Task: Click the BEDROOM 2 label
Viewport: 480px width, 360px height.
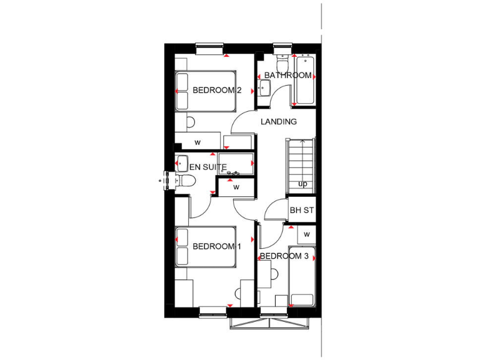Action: pos(216,90)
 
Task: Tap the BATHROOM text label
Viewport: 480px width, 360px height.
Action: pos(287,76)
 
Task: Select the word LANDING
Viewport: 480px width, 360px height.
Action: pos(279,122)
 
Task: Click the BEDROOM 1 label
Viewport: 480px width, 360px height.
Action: pos(216,246)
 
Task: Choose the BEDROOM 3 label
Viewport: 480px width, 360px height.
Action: pos(284,256)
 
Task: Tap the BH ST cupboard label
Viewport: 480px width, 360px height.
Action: pos(301,211)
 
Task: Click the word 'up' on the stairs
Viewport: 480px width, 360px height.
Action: pos(302,184)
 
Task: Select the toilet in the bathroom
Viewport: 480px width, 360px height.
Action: pos(282,64)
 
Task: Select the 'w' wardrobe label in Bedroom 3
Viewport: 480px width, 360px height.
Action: pos(306,234)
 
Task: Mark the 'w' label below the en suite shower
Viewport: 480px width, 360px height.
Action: pos(236,187)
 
